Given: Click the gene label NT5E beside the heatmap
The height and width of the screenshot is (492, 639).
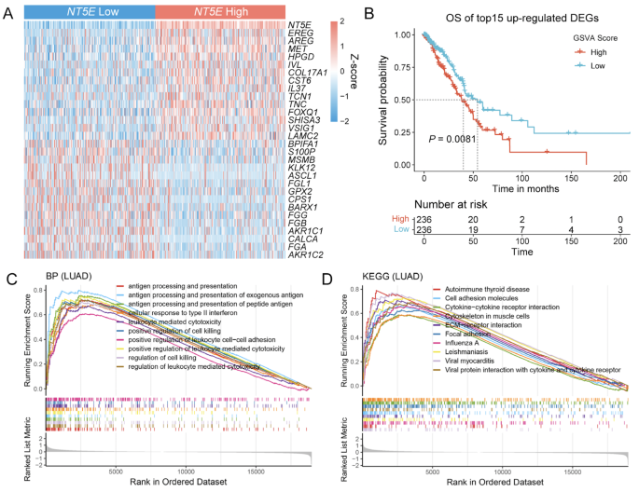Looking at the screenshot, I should point(299,25).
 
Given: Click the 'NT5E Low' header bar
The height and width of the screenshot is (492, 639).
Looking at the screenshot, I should point(87,9).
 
